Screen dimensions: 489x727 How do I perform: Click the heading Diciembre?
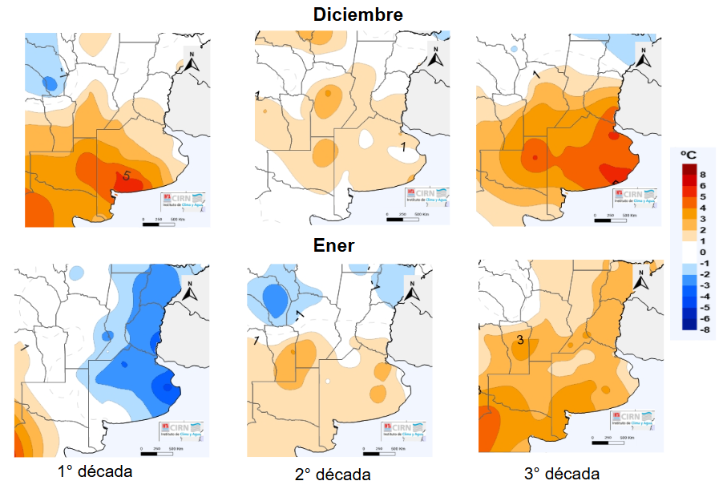[x=357, y=14]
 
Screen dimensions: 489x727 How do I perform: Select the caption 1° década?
[x=95, y=471]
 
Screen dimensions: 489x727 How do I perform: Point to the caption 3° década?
[x=561, y=472]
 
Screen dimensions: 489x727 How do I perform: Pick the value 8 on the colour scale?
[x=703, y=173]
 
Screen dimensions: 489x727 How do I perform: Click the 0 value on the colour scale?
[x=703, y=252]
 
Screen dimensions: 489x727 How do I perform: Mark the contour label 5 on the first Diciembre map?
[x=126, y=176]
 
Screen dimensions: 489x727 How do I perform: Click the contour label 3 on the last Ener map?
[x=520, y=341]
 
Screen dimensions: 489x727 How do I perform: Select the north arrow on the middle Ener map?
[x=412, y=289]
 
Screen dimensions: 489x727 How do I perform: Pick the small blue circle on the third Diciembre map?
[x=513, y=50]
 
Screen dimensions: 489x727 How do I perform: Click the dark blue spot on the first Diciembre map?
[x=50, y=82]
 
